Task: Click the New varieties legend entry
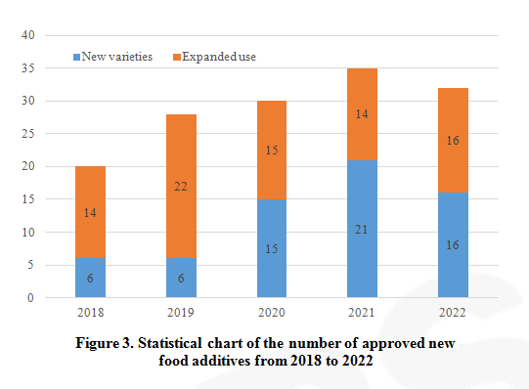[x=113, y=57]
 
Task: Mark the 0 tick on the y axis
[x=32, y=298]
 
